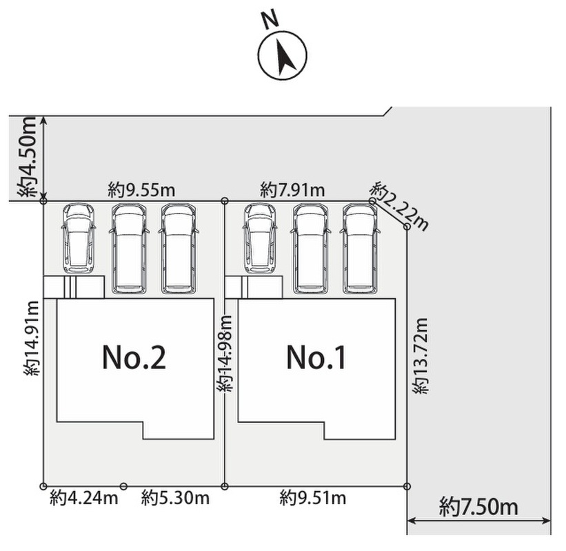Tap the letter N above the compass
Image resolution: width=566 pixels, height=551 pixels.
[270, 19]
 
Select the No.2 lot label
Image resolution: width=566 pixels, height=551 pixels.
[134, 357]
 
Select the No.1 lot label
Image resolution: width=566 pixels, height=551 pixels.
[316, 357]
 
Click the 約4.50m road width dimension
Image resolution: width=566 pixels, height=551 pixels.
[28, 157]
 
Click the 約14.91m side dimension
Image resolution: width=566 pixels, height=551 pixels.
[32, 337]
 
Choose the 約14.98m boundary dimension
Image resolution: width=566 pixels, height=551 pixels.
[225, 353]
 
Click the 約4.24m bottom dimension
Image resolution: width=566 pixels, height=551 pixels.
[83, 498]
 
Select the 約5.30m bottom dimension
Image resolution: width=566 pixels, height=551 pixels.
[175, 498]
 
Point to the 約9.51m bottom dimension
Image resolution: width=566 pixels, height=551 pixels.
[313, 498]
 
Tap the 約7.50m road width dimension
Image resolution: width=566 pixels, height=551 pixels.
[478, 508]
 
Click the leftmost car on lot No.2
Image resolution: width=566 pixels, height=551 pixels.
[79, 238]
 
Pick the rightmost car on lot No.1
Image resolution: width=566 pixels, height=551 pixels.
[360, 248]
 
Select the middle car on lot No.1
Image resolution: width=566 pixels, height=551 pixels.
[310, 248]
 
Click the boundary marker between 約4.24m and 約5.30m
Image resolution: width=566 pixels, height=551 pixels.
[123, 486]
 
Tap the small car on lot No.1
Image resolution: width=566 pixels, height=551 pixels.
[260, 238]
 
